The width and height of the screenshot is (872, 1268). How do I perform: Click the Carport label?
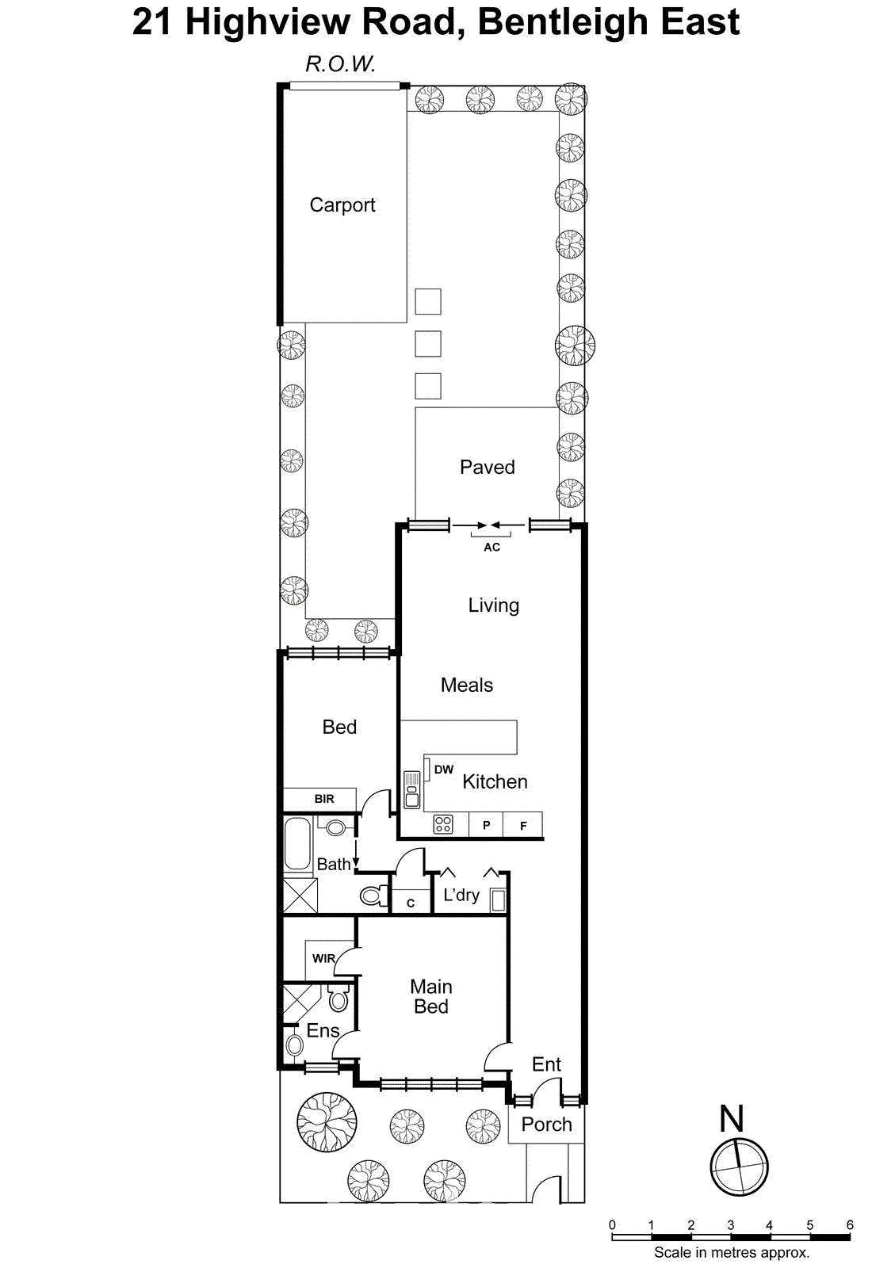click(342, 205)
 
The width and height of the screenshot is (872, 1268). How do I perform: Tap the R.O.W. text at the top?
click(340, 64)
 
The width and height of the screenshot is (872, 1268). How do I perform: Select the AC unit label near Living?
click(491, 547)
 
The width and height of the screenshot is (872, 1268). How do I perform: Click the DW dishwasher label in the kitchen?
click(444, 770)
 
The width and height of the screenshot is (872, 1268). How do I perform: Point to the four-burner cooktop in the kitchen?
click(443, 825)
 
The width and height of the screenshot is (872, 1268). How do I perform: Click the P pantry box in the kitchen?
click(486, 825)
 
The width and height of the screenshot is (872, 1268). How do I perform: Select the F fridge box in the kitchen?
click(523, 825)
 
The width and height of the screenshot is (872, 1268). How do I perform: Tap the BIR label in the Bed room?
click(324, 799)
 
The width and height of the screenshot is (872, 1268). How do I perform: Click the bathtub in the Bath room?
click(297, 844)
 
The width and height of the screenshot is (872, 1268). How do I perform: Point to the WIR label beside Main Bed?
click(323, 958)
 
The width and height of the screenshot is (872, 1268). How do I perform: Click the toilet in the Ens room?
click(338, 999)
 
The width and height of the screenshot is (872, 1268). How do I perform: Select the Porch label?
click(546, 1125)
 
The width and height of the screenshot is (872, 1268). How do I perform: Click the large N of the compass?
click(731, 1119)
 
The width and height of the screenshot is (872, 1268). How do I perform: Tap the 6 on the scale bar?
click(850, 1225)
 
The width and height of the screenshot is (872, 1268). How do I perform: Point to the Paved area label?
click(487, 468)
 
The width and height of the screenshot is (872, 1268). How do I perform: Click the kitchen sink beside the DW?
click(411, 789)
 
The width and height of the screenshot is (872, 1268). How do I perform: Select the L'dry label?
click(461, 895)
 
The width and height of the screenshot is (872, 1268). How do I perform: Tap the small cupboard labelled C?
click(411, 902)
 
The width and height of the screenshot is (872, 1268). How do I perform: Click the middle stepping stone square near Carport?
click(428, 344)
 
